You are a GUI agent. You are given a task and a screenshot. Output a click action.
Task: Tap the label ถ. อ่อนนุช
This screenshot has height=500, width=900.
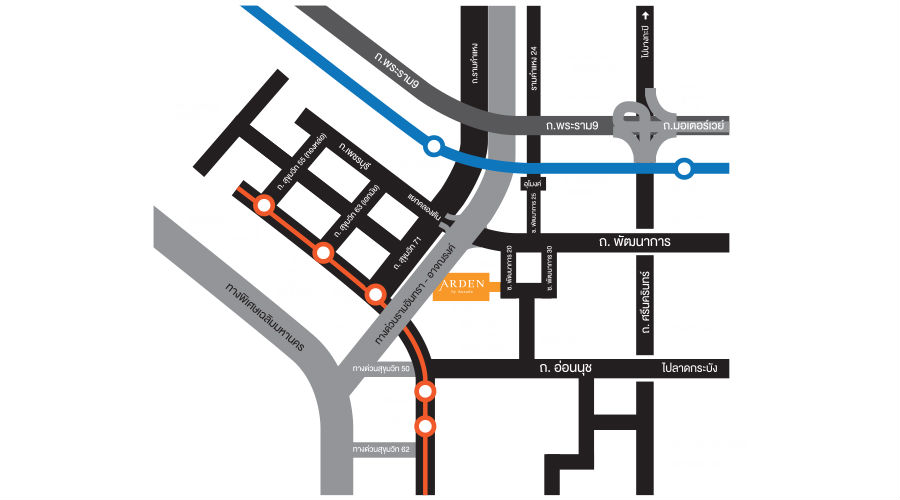(565, 369)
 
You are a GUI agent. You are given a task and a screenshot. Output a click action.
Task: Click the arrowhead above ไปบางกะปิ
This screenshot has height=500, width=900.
(648, 14)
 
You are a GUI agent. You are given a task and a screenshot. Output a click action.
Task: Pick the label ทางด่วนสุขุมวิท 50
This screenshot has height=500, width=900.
(382, 369)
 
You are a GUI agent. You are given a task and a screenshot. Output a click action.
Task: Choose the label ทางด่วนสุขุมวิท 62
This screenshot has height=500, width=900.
(382, 450)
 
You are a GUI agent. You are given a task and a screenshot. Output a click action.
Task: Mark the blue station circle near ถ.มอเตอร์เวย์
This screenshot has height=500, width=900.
(684, 169)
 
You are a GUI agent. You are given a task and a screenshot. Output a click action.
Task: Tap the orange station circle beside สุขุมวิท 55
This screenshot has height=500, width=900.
(264, 205)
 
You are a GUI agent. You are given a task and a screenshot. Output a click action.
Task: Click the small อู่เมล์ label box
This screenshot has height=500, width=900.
(533, 184)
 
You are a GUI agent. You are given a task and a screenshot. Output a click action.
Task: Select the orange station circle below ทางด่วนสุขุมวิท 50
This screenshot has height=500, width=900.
(426, 391)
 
